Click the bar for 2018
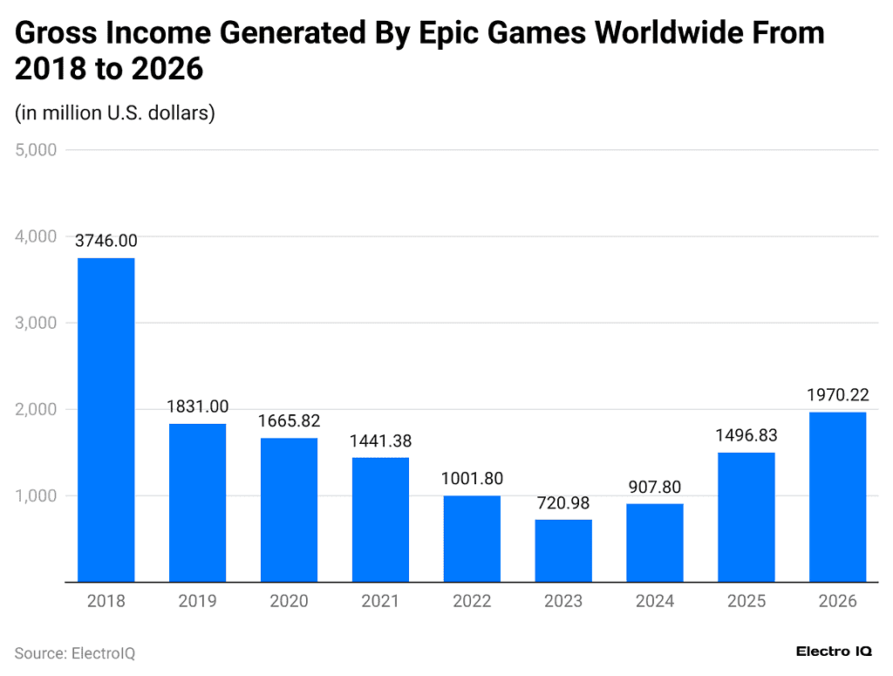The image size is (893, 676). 106,420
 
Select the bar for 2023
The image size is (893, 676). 563,550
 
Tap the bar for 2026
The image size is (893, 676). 837,496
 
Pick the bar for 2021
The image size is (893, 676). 380,519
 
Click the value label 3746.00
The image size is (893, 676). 106,241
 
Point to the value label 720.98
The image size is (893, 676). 563,503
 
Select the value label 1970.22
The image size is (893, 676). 837,395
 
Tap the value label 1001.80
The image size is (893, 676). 472,479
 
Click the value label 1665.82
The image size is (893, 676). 289,421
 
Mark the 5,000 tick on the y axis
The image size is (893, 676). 36,150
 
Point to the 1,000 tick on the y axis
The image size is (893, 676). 36,495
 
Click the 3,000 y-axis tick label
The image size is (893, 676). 36,323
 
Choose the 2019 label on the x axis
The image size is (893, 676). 197,601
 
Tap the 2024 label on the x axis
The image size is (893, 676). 654,601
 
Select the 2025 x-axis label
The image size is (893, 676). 746,601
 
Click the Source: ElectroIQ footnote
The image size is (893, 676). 75,653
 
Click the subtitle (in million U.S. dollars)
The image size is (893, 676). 115,113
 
